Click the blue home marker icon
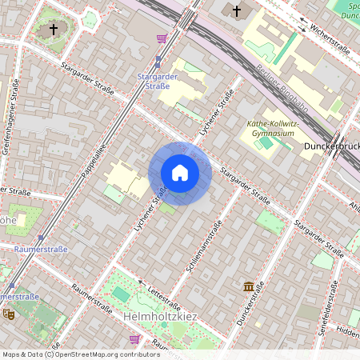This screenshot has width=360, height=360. click(x=180, y=173)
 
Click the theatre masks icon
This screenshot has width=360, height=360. click(x=9, y=314)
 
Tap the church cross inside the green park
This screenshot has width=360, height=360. click(x=54, y=30)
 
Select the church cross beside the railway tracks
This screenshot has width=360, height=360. click(x=236, y=10)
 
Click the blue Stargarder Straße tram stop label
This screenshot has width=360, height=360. click(x=158, y=81)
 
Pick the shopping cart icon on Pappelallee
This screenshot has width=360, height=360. click(x=162, y=38)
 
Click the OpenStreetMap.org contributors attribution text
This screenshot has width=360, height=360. click(x=106, y=354)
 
